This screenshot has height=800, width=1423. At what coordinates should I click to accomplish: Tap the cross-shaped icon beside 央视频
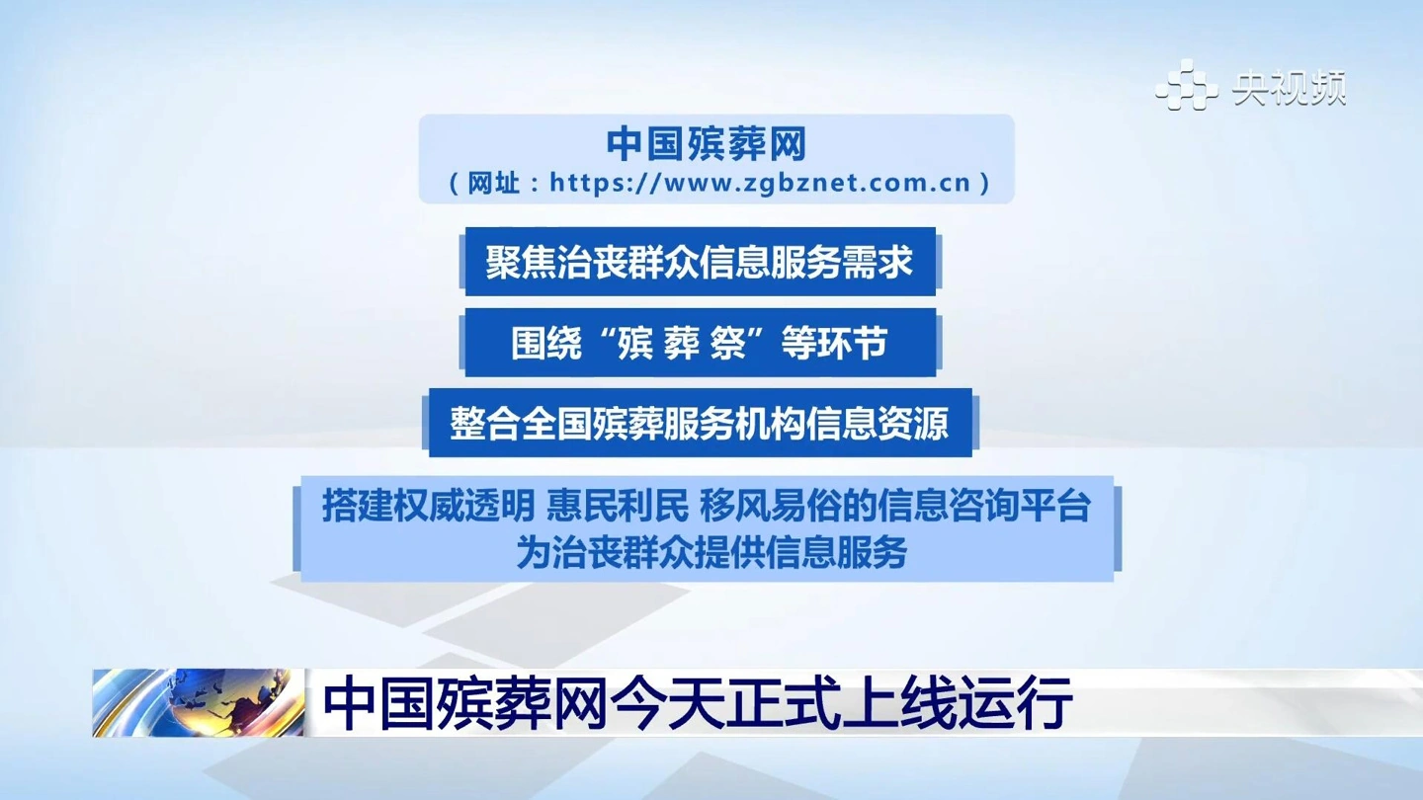coord(1186,85)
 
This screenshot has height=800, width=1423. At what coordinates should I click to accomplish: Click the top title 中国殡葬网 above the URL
coord(707,144)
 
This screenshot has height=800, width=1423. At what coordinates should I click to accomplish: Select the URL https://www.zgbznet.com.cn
coord(761,183)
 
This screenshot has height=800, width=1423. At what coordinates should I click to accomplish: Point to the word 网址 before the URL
coord(493,183)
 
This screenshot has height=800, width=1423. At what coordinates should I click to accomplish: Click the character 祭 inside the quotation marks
coord(726,343)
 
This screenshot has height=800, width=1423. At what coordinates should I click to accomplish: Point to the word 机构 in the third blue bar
coord(770,424)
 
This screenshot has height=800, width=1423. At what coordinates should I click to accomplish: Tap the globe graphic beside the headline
coord(198,702)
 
